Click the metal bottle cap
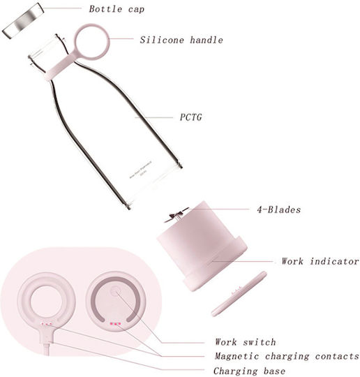23,21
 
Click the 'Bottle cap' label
117,9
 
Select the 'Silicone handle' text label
181,40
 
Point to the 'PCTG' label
191,117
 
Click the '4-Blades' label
279,209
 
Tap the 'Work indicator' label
320,261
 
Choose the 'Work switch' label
246,342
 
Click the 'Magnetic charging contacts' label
287,356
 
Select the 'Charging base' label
250,371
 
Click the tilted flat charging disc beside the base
239,294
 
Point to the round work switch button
114,291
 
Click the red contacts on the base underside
115,324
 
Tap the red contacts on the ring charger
46,324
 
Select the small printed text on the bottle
142,171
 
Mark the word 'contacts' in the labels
337,356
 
